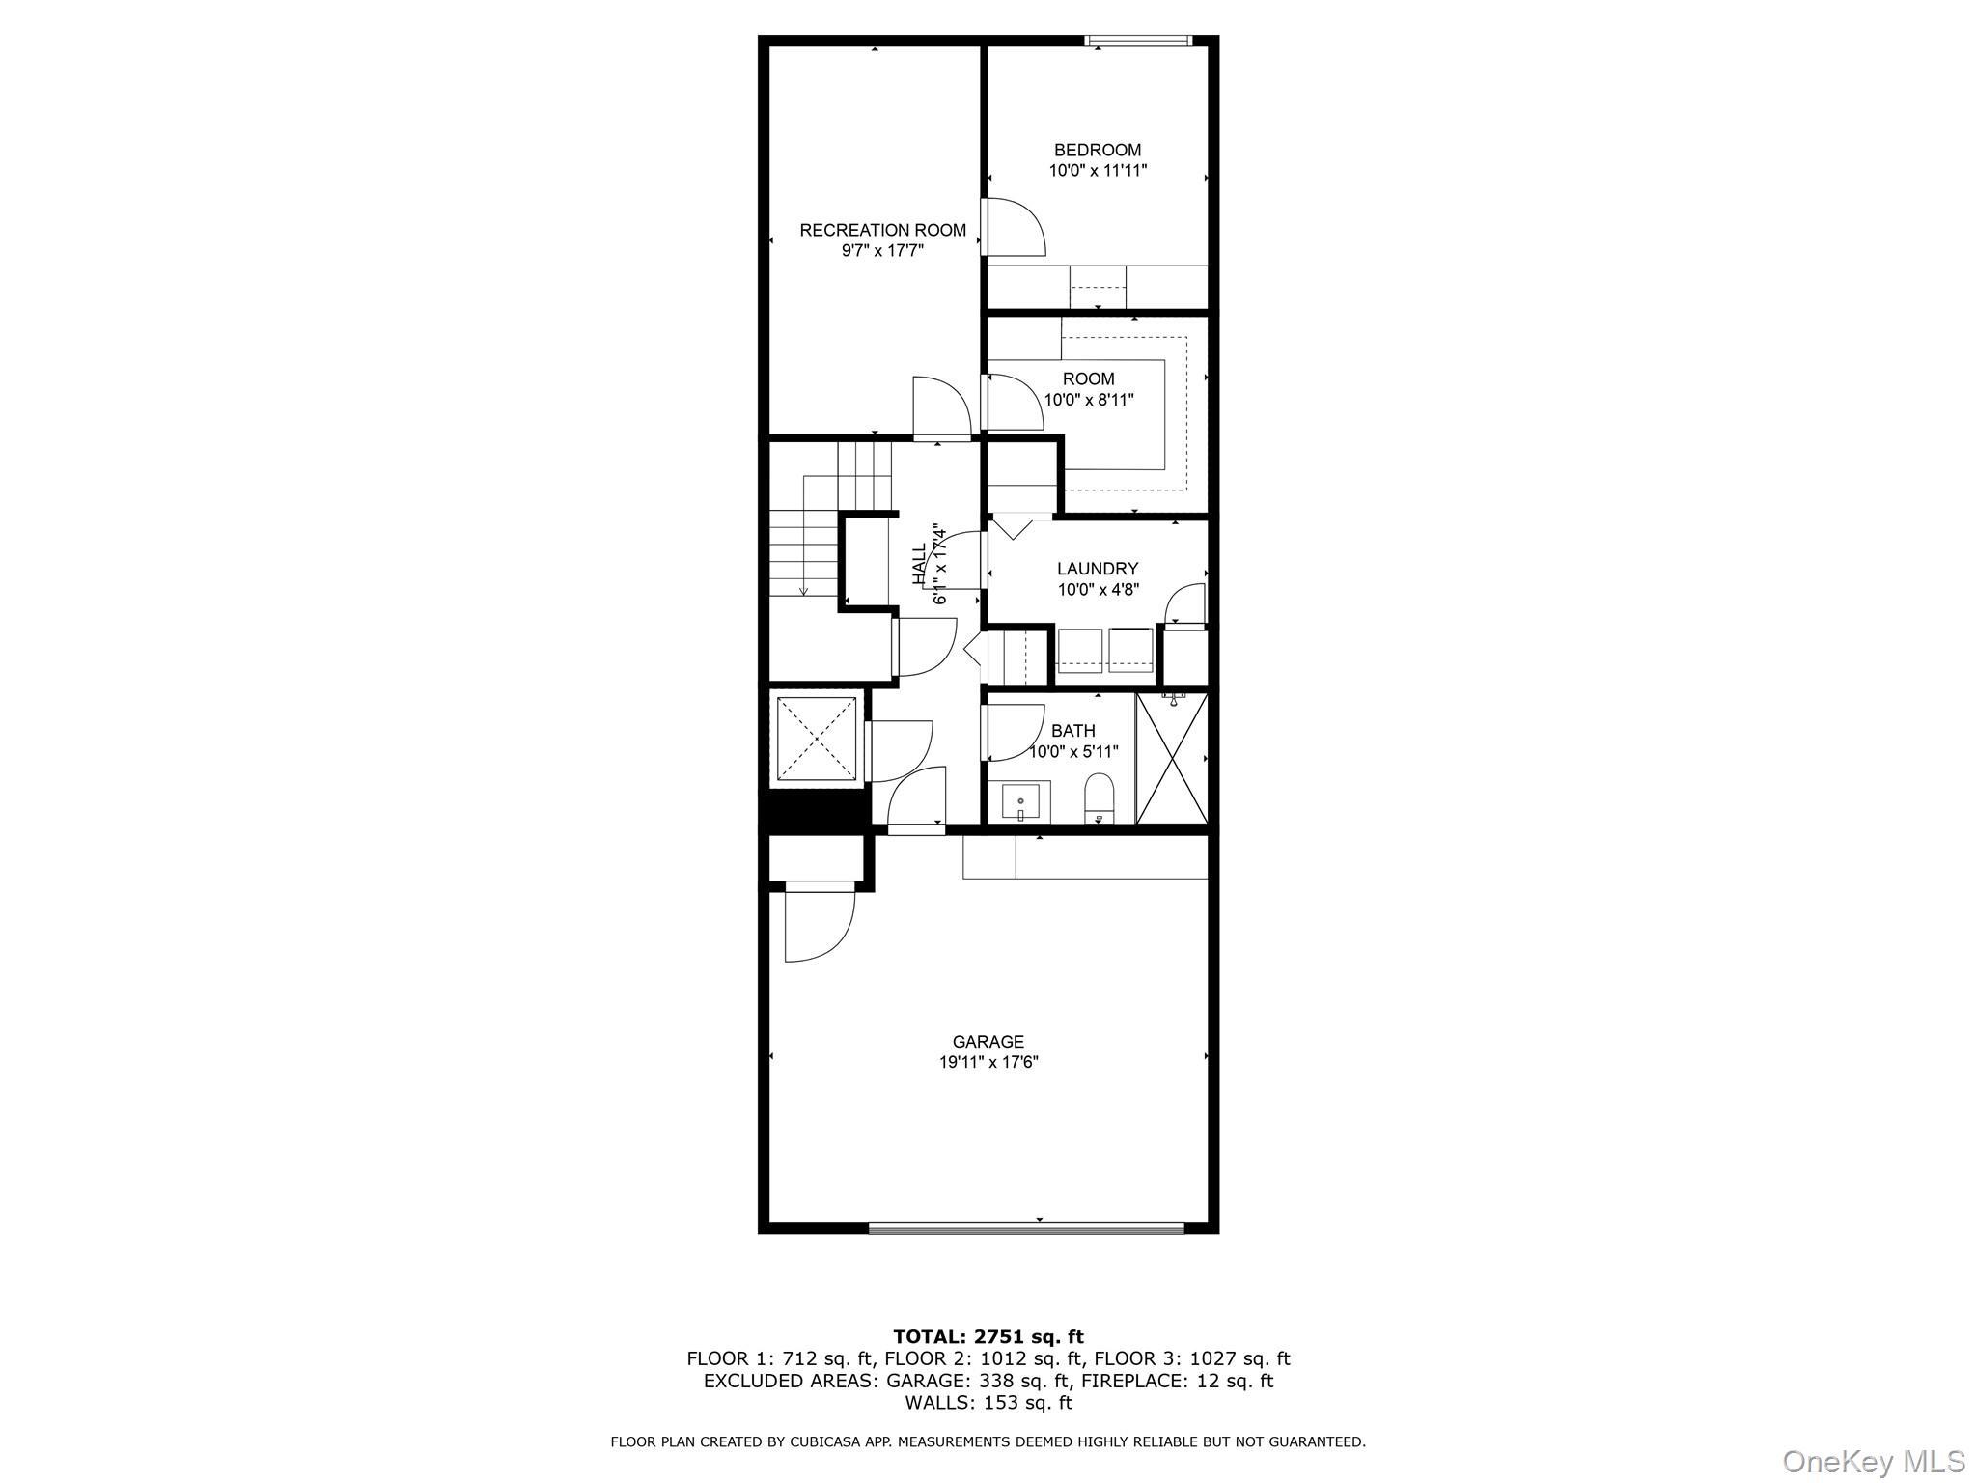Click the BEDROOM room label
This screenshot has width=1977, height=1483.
point(1098,150)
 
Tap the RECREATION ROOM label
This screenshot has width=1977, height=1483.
point(882,230)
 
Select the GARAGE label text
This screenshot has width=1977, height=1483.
point(988,1042)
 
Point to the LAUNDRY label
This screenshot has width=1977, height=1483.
point(1098,569)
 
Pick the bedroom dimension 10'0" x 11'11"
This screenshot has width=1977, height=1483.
point(1098,171)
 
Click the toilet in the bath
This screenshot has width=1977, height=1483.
point(1099,798)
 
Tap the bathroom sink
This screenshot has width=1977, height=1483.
point(1019,802)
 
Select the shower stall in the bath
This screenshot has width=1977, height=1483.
point(1172,758)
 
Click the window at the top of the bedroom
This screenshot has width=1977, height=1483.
point(1138,41)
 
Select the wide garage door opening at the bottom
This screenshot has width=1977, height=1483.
point(1025,1228)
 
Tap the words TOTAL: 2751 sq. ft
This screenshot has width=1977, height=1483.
point(988,1337)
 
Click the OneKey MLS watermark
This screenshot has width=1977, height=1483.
point(1874,1461)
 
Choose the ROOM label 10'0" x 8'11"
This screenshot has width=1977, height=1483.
point(1089,389)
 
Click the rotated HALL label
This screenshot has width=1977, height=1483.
point(919,563)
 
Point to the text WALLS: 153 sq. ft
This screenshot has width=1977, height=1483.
point(988,1403)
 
